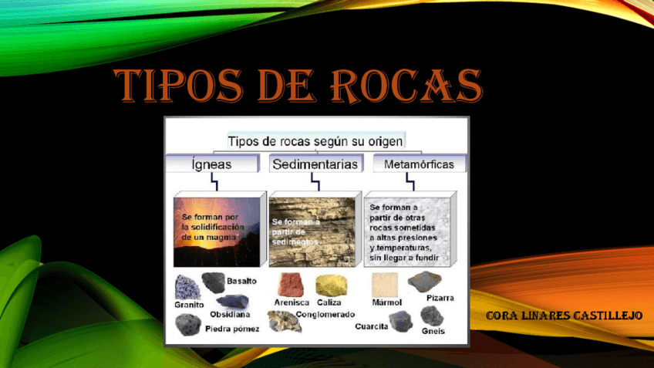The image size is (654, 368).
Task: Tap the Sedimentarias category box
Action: click(315, 164)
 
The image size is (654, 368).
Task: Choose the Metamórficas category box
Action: click(413, 164)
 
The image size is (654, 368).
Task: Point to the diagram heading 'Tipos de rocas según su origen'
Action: click(315, 141)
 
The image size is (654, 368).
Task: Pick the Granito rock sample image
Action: click(187, 285)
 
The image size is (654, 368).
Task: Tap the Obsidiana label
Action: click(230, 314)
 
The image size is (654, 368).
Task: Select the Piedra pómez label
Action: click(232, 329)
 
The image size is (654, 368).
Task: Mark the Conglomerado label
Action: click(325, 314)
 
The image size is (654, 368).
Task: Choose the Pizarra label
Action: click(440, 297)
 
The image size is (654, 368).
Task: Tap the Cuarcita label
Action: click(371, 326)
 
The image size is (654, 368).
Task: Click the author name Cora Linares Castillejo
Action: click(565, 316)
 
